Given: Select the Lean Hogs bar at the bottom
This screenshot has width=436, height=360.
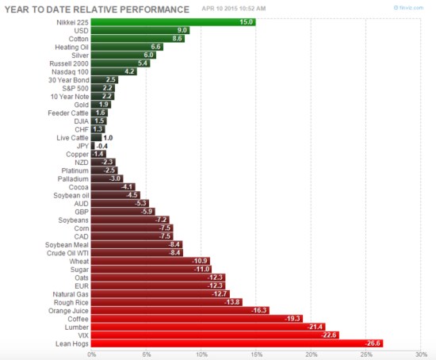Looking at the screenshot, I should point(238,343).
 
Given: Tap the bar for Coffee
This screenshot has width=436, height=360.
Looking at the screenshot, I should point(197,318).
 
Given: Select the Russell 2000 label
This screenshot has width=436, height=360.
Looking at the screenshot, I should point(67,63).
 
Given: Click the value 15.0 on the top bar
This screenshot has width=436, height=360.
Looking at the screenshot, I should point(246,21).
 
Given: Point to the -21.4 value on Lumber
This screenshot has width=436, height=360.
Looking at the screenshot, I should point(316,327).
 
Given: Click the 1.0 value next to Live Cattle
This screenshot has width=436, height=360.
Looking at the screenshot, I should point(109,137).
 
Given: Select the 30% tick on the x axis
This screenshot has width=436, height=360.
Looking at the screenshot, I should point(421,354).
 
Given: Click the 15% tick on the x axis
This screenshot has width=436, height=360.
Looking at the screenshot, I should point(256,354).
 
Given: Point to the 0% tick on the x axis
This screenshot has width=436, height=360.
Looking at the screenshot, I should point(92,354).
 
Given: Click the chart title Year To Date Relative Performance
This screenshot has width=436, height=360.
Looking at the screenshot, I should point(96,9).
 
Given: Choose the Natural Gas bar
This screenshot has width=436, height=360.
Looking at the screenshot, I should point(159,293).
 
